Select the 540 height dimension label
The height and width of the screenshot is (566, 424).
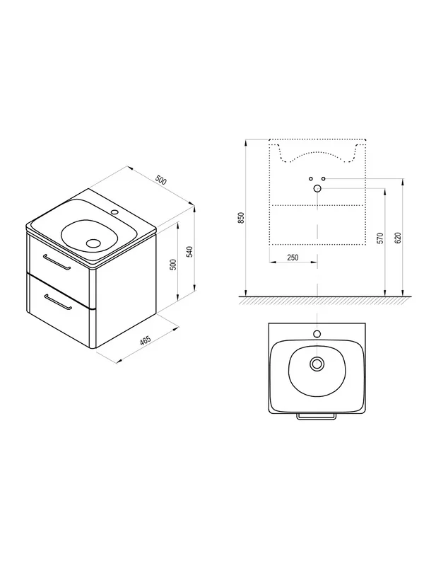[x=191, y=252]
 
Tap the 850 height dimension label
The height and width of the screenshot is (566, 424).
[x=242, y=218]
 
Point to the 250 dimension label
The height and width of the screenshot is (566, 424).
[x=293, y=258]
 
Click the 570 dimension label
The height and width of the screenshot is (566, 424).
[x=380, y=238]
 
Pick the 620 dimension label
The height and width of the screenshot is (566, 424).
[x=398, y=238]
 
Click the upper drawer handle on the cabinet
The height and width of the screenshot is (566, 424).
[x=57, y=262]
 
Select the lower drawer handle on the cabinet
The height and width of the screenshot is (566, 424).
[x=58, y=302]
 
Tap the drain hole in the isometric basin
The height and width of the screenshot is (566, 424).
[x=95, y=243]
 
